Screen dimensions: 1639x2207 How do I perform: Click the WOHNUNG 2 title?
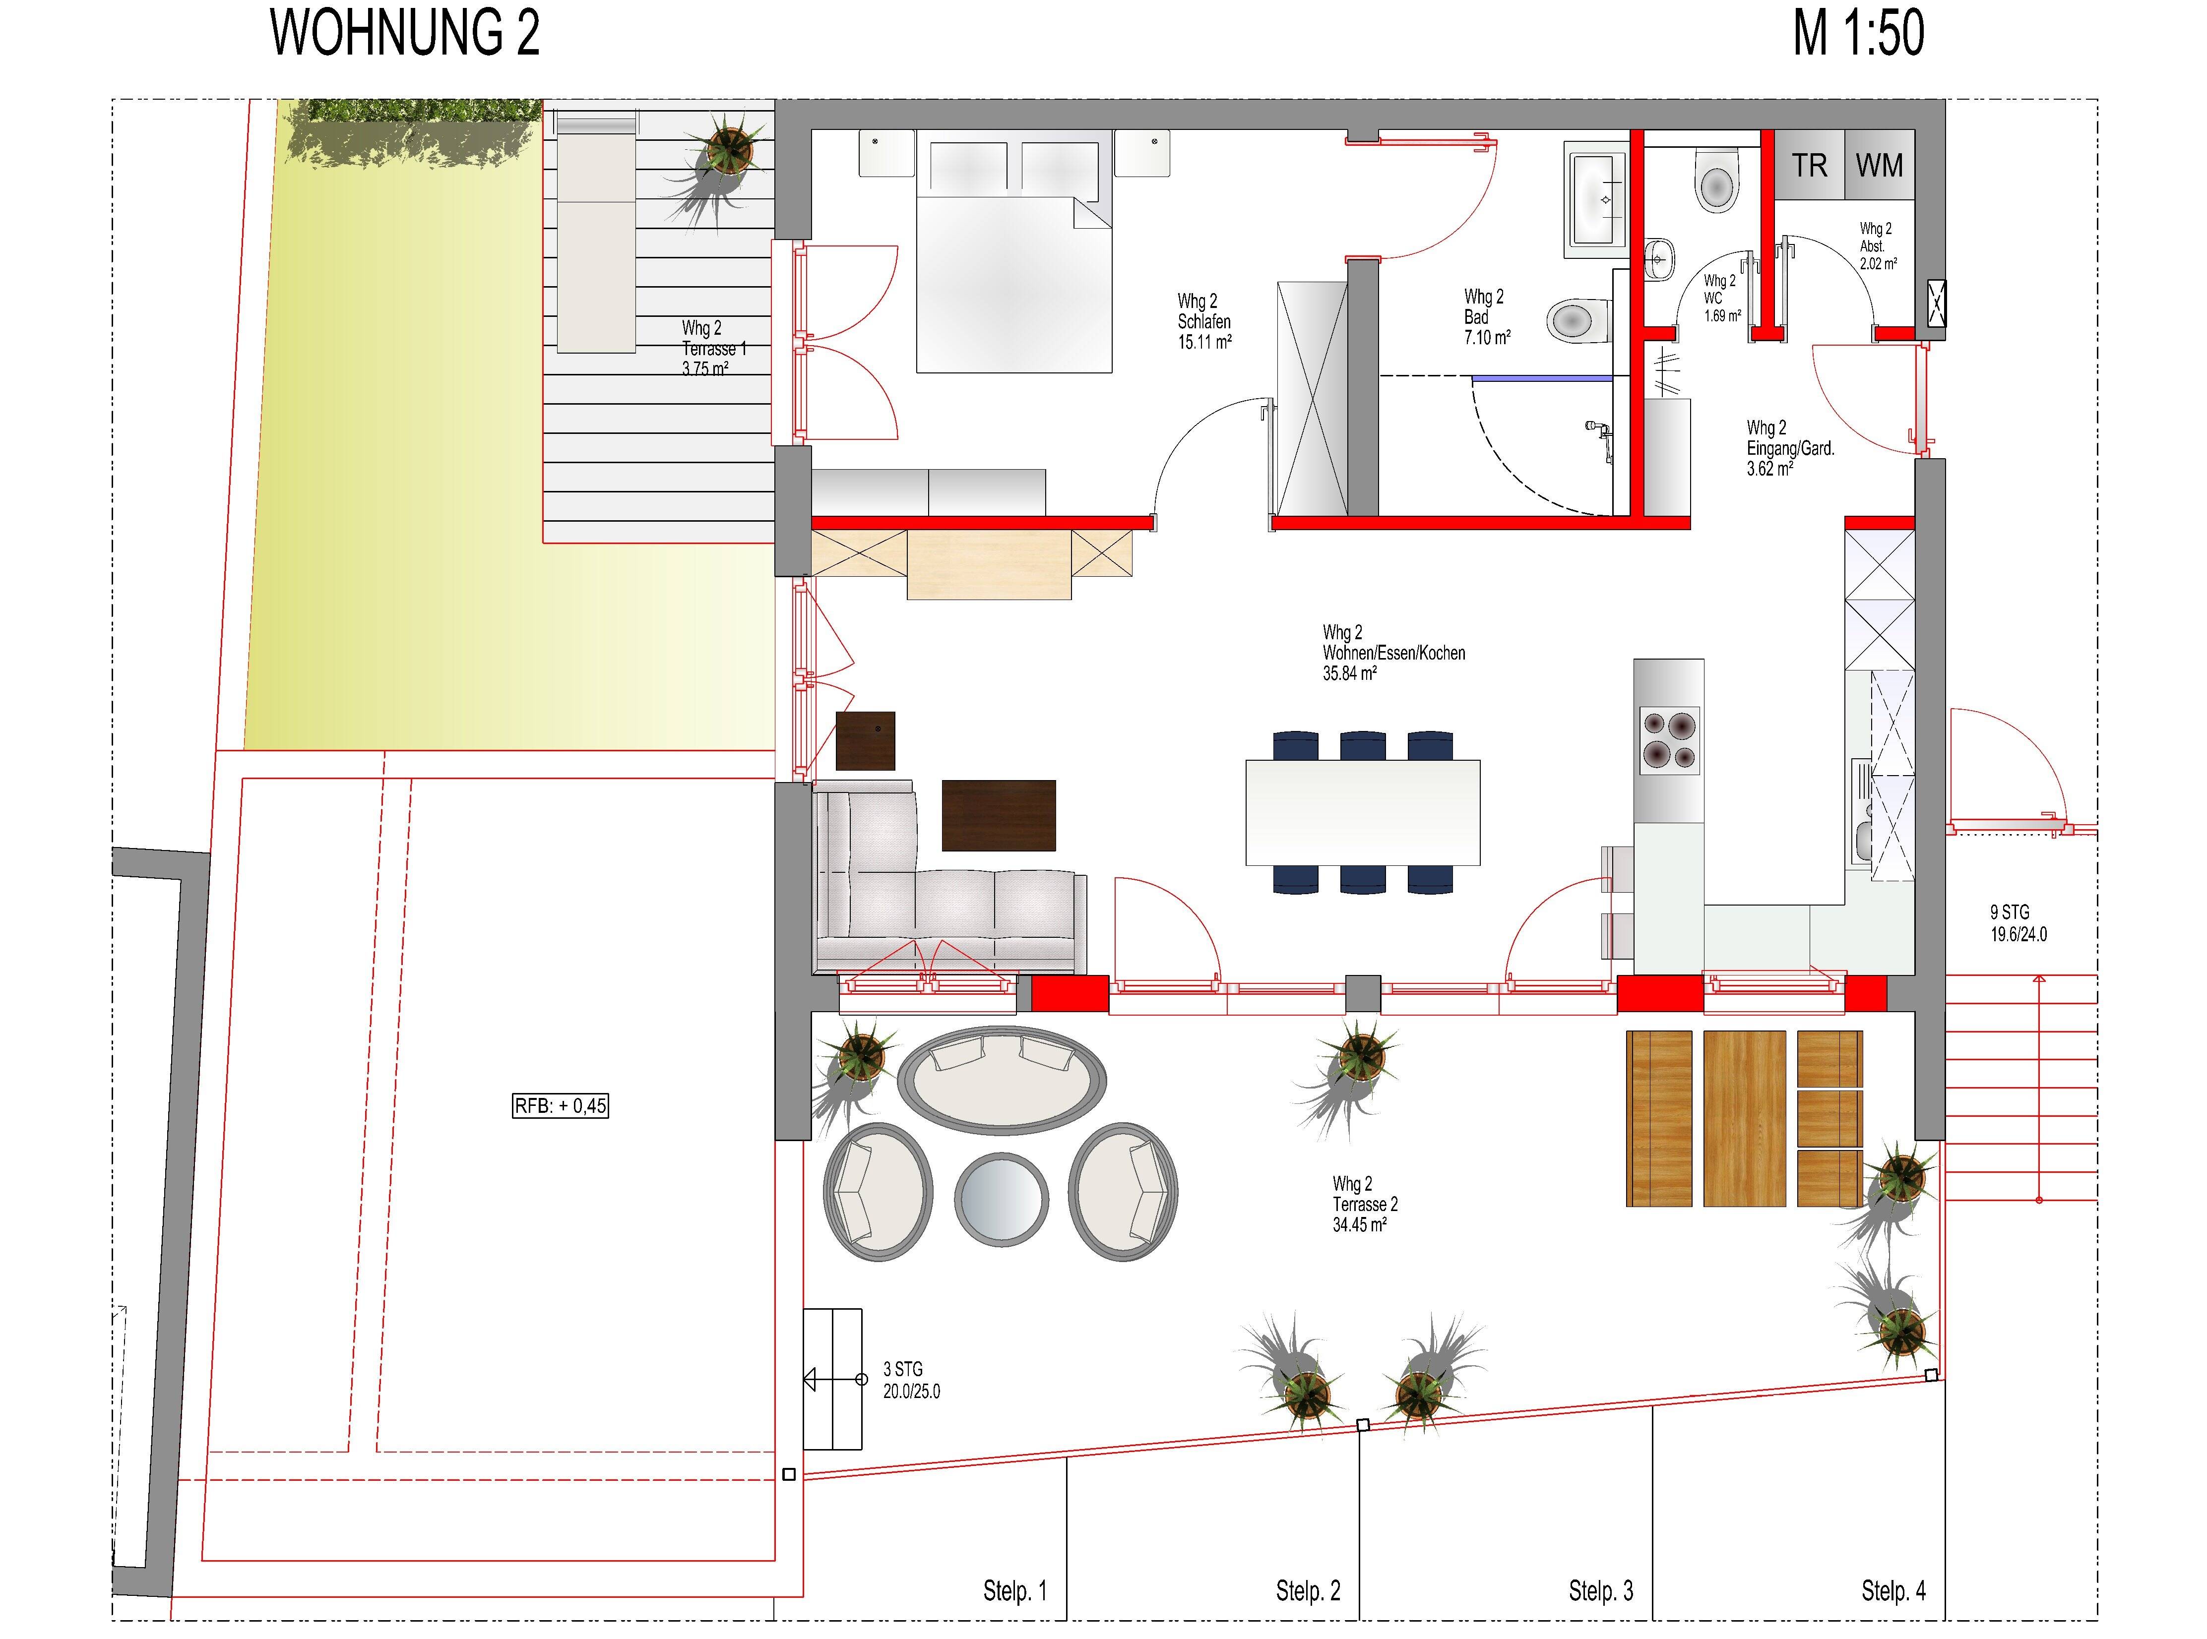coord(405,34)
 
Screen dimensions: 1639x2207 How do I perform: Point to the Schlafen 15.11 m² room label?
coord(1204,321)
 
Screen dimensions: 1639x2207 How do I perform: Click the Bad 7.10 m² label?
coord(1486,317)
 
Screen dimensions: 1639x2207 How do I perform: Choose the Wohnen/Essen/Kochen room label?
coord(1392,653)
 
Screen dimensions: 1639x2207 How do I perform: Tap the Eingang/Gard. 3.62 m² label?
coord(1789,448)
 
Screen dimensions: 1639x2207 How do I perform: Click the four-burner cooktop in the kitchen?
coord(1668,740)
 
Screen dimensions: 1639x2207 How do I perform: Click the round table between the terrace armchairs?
coord(1000,1200)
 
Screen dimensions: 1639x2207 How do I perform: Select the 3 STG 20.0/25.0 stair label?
coord(910,1380)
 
